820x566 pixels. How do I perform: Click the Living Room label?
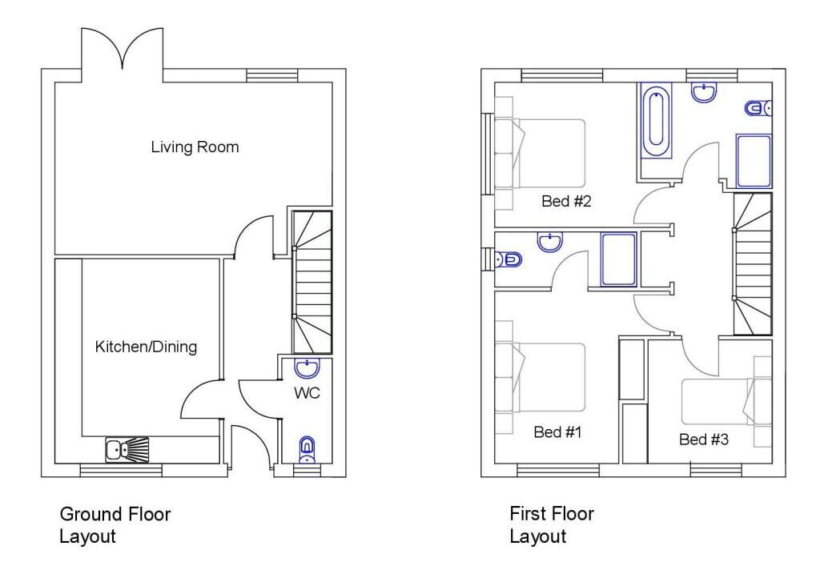click(x=195, y=147)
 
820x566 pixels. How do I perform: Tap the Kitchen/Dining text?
click(x=146, y=347)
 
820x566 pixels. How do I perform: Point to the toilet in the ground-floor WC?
click(x=307, y=450)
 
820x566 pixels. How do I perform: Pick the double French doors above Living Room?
click(x=122, y=50)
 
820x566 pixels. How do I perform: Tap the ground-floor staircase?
click(x=312, y=282)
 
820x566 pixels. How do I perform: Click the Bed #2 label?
click(x=566, y=201)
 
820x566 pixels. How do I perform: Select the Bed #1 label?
click(x=557, y=432)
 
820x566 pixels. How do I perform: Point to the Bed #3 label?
click(x=704, y=439)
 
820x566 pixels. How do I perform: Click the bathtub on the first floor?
click(x=656, y=126)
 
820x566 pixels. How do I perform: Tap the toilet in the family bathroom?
click(x=758, y=107)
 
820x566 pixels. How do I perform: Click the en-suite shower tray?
click(x=618, y=259)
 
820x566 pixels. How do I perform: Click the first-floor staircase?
click(x=753, y=264)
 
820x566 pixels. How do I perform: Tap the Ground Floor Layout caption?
click(x=115, y=524)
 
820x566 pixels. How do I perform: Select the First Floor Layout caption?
click(x=552, y=524)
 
